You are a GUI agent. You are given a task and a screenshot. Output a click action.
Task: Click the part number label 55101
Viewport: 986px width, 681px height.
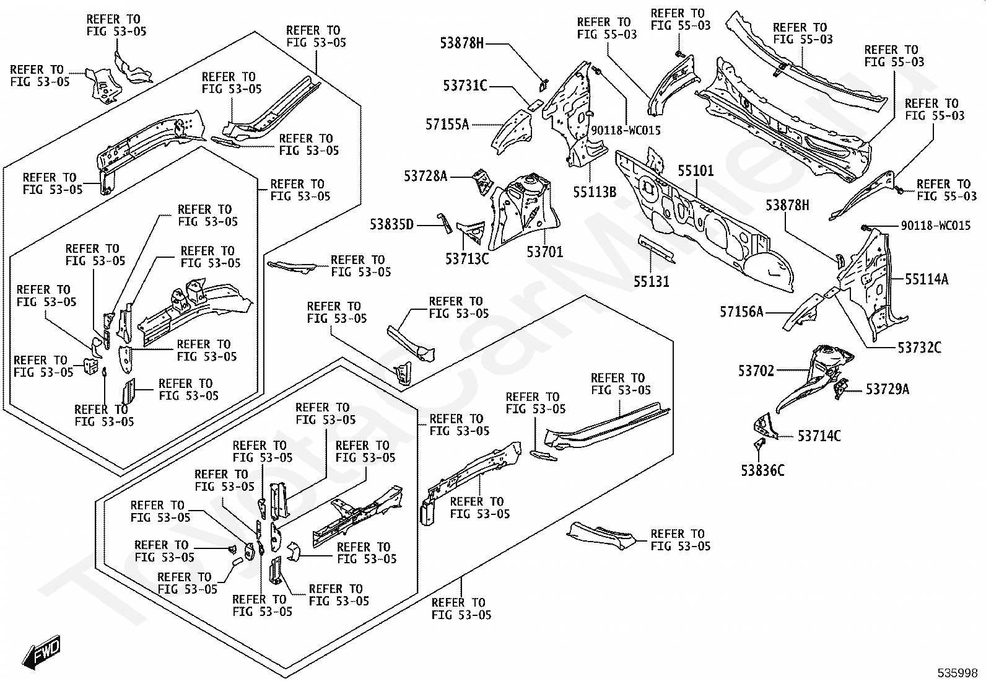click(x=696, y=171)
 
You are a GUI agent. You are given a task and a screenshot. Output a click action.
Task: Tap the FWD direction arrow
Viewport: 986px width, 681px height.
click(x=41, y=652)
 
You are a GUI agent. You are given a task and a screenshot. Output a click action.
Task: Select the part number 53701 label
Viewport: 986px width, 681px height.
click(x=545, y=252)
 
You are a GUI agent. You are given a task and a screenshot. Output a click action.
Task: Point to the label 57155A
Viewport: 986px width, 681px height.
click(x=447, y=125)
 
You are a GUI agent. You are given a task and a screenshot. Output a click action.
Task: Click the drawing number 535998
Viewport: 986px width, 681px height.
click(x=958, y=673)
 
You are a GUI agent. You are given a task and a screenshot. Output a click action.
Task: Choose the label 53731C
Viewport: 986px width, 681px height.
click(x=465, y=86)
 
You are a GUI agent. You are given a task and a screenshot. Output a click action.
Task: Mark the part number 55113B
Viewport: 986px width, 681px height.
click(x=595, y=192)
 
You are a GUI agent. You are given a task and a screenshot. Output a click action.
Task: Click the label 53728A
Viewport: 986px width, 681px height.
click(x=425, y=176)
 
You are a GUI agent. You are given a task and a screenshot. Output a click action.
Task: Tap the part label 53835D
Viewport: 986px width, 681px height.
click(x=392, y=225)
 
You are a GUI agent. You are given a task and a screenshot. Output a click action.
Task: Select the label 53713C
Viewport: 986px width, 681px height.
click(x=467, y=259)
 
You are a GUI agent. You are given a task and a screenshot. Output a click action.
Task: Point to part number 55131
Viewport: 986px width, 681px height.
click(x=652, y=281)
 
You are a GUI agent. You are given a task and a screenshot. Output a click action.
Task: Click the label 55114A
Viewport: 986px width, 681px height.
click(x=927, y=279)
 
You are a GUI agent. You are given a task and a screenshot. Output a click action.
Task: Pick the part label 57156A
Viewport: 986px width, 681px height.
click(x=742, y=312)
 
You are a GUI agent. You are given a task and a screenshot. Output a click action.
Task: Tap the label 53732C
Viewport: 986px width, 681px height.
click(x=920, y=348)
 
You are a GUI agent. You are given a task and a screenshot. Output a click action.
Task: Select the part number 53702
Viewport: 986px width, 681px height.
click(x=756, y=371)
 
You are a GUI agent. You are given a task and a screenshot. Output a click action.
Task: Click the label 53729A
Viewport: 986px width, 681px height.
click(x=888, y=389)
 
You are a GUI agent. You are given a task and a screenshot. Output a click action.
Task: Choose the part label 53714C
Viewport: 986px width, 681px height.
click(x=819, y=436)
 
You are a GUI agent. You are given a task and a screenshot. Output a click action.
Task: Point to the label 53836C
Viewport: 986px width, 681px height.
click(x=763, y=470)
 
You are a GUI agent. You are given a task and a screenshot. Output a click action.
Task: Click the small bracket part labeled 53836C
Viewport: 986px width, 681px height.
click(x=759, y=444)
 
